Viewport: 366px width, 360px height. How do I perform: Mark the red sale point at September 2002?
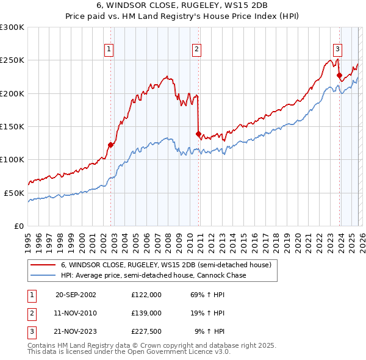(111, 145)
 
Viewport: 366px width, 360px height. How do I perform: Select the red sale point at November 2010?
(198, 134)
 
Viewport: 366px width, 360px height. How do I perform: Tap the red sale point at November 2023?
(339, 75)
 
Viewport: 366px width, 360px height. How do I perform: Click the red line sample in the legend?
(43, 265)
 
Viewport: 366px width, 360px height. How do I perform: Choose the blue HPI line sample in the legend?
(43, 275)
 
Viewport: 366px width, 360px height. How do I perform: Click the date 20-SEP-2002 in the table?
(76, 294)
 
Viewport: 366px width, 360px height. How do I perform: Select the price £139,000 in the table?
(146, 313)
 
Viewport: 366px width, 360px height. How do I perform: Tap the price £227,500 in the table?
(146, 332)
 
